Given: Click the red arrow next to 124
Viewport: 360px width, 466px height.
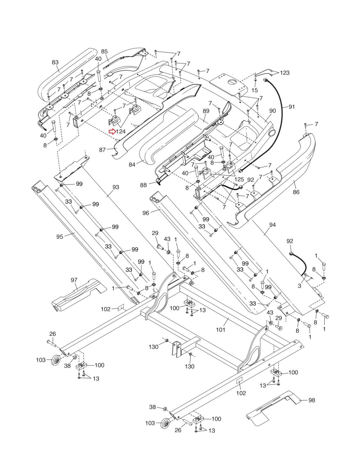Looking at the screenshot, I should coord(112,132).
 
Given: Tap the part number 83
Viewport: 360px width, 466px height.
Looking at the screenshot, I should coord(55,62).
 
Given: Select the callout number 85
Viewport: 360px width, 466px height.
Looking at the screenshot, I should coord(104,52).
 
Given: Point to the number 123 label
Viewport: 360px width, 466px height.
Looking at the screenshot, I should coord(285,73).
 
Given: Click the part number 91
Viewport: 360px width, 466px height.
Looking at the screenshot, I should coord(292,107).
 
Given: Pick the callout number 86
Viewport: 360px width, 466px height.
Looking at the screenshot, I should coord(296,192).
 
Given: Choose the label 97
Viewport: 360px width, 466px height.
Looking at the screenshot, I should coord(74,280).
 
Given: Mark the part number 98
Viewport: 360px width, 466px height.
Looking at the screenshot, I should coord(311,400).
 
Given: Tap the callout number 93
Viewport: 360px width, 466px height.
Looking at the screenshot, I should coord(116,187).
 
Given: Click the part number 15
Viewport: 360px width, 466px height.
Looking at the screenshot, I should coord(255,90).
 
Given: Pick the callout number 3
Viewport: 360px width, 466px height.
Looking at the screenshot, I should coord(299,286).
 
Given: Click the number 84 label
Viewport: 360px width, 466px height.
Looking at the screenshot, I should coord(132,165).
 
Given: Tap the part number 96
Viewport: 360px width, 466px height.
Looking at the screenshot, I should coord(146,213).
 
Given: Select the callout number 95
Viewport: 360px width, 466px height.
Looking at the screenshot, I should coord(60,236).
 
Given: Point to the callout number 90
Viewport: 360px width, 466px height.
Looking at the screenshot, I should coord(272,111).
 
